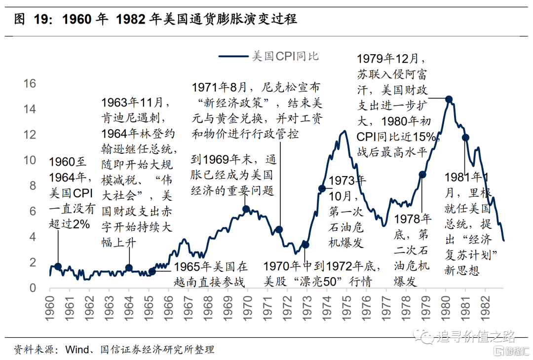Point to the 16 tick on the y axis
(x=30, y=83)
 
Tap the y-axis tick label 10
(x=30, y=160)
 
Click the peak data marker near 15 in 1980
(x=449, y=99)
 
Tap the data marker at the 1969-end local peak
(x=246, y=209)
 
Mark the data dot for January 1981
(x=465, y=138)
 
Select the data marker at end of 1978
(x=422, y=174)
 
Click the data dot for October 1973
(x=322, y=188)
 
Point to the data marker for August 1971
(x=279, y=229)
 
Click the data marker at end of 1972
(x=305, y=244)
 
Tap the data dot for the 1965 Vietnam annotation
(x=152, y=271)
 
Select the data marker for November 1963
(x=129, y=268)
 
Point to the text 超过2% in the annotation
(x=70, y=224)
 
